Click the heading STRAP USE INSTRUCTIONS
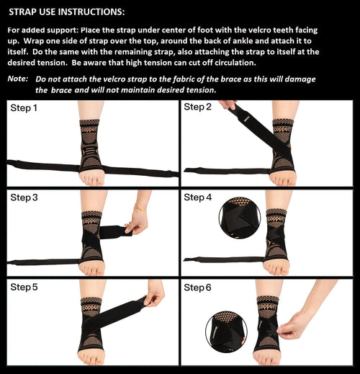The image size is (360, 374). click(66, 12)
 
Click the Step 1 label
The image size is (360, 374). click(24, 108)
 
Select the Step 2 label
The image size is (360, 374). click(198, 107)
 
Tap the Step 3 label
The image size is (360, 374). click(24, 197)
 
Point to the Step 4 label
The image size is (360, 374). click(198, 197)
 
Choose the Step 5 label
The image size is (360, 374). click(24, 287)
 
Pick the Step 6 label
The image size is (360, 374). click(198, 287)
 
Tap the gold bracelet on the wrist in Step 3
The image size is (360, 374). click(140, 208)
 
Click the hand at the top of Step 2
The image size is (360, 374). click(227, 104)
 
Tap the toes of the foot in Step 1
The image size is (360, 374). click(91, 180)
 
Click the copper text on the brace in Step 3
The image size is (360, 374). click(91, 221)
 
